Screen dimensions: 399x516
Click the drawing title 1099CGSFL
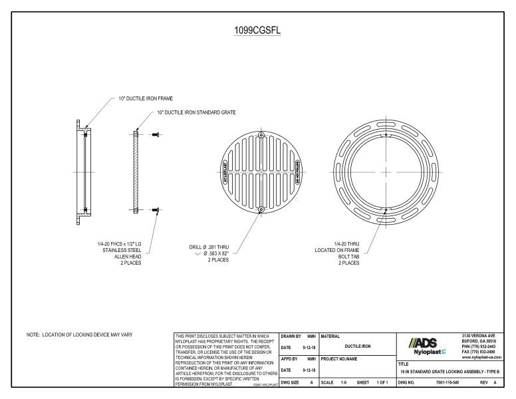257,31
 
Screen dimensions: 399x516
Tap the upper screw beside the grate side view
156,135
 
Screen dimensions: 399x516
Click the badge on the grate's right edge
297,172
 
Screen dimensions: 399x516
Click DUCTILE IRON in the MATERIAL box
357,346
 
